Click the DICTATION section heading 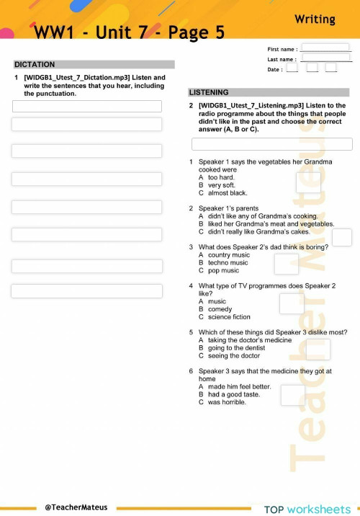coord(35,65)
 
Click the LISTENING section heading coord(209,92)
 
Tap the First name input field coord(325,48)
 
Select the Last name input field coord(326,58)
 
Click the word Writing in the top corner coord(315,19)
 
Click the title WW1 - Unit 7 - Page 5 coord(130,32)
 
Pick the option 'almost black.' coord(227,193)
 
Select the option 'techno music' coord(228,263)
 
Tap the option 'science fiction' coord(229,317)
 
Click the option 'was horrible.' coord(227,402)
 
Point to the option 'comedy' coord(221,309)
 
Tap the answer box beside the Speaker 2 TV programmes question coord(292,304)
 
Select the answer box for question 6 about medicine coord(292,395)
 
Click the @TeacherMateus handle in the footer coord(76,507)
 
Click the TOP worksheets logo coord(307,510)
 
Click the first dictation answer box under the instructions coord(86,107)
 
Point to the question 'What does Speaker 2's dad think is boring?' coord(264,246)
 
